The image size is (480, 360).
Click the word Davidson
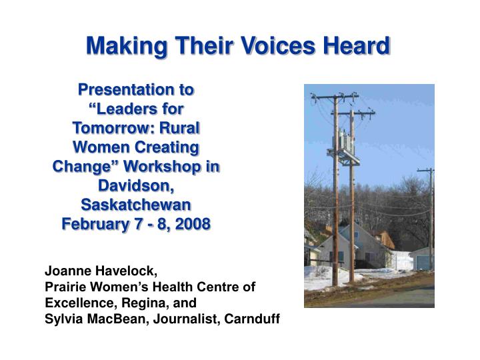tap(136, 185)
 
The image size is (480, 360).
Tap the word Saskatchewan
tap(136, 204)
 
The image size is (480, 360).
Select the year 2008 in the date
tap(189, 223)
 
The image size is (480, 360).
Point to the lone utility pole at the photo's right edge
tap(430, 213)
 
